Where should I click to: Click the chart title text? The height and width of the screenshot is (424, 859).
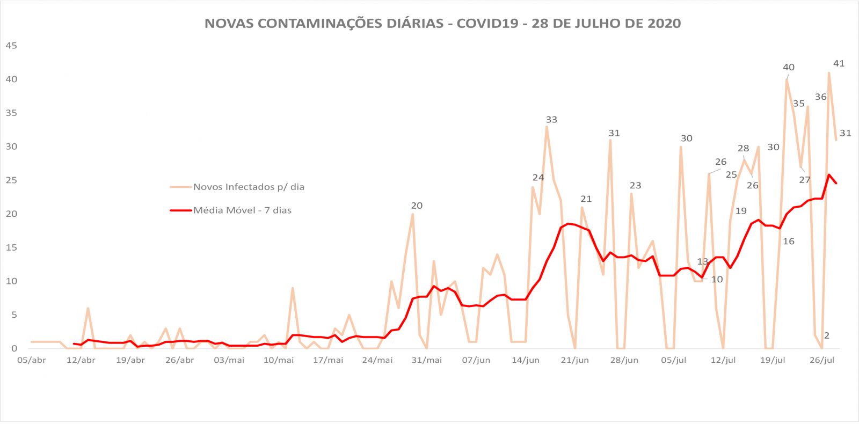coord(442,24)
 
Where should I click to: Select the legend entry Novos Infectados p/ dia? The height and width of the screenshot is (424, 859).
coord(249,187)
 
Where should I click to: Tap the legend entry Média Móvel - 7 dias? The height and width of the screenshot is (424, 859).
coord(242,210)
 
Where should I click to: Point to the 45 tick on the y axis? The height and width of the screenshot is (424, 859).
coord(11,46)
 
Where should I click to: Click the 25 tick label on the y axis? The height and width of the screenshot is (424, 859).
coord(11,180)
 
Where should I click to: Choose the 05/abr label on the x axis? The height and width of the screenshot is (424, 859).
coord(31,360)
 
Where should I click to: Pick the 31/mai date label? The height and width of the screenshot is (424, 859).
coord(427,360)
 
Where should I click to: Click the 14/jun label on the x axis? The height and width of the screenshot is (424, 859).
coord(526,360)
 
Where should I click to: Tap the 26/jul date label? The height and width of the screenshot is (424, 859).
coord(822,360)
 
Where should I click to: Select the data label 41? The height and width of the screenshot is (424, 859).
coord(839,63)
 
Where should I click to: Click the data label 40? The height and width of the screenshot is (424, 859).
coord(789,67)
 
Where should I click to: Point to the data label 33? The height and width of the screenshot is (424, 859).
coord(551,120)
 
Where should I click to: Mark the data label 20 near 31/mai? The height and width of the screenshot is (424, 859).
coord(417,206)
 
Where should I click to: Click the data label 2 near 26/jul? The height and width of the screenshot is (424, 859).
coord(827,336)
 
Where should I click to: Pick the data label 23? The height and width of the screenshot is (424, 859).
coord(635,186)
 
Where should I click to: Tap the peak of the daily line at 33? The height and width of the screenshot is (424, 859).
coord(547,127)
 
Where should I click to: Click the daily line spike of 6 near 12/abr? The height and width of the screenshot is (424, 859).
coord(88,309)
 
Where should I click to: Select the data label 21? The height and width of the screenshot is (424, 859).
coord(586,199)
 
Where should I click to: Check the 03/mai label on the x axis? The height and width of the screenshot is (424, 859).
coord(229,360)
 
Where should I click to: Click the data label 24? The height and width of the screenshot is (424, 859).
coord(538,178)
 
